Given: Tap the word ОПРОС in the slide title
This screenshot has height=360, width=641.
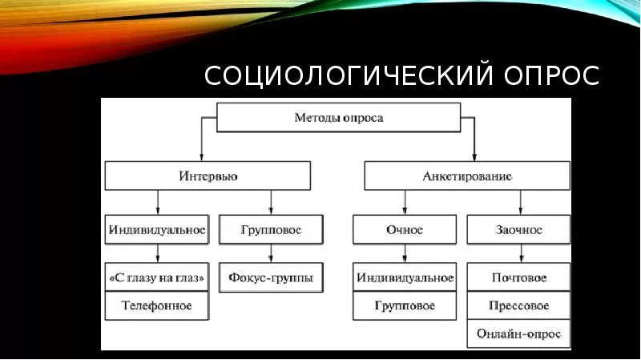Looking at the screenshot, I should pyautogui.click(x=550, y=76).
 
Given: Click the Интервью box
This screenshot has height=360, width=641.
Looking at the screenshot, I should pyautogui.click(x=208, y=175).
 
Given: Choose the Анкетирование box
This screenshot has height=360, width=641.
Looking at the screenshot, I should pyautogui.click(x=467, y=175).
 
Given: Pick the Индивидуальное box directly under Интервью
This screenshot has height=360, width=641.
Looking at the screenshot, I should pyautogui.click(x=157, y=230).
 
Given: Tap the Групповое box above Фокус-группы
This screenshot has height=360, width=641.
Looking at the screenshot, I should pyautogui.click(x=271, y=230).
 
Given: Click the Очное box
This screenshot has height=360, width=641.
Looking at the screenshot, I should pyautogui.click(x=404, y=230).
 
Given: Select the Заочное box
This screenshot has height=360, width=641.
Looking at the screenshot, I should pyautogui.click(x=518, y=230).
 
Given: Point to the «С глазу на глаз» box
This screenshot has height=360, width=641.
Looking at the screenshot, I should pyautogui.click(x=157, y=278).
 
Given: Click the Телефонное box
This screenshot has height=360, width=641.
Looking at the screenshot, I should pyautogui.click(x=157, y=305).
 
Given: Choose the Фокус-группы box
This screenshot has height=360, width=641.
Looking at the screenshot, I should pyautogui.click(x=271, y=278).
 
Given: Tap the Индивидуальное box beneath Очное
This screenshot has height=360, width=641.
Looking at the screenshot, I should pyautogui.click(x=404, y=278).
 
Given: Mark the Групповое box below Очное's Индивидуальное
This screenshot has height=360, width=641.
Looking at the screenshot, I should pyautogui.click(x=404, y=305).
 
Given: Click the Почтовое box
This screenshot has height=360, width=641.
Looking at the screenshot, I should pyautogui.click(x=518, y=278).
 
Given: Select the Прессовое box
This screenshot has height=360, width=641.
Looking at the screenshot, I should pyautogui.click(x=518, y=305).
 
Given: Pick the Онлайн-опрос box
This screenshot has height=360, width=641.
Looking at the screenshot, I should pyautogui.click(x=518, y=333).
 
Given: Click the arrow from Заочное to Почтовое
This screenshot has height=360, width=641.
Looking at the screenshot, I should pyautogui.click(x=521, y=254).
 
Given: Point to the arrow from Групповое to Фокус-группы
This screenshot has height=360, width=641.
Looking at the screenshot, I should pyautogui.click(x=271, y=254).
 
